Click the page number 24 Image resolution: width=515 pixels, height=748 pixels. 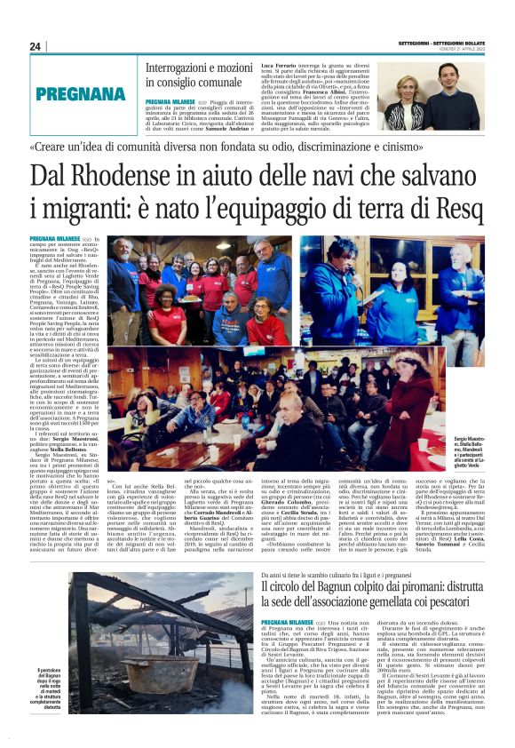36,46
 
